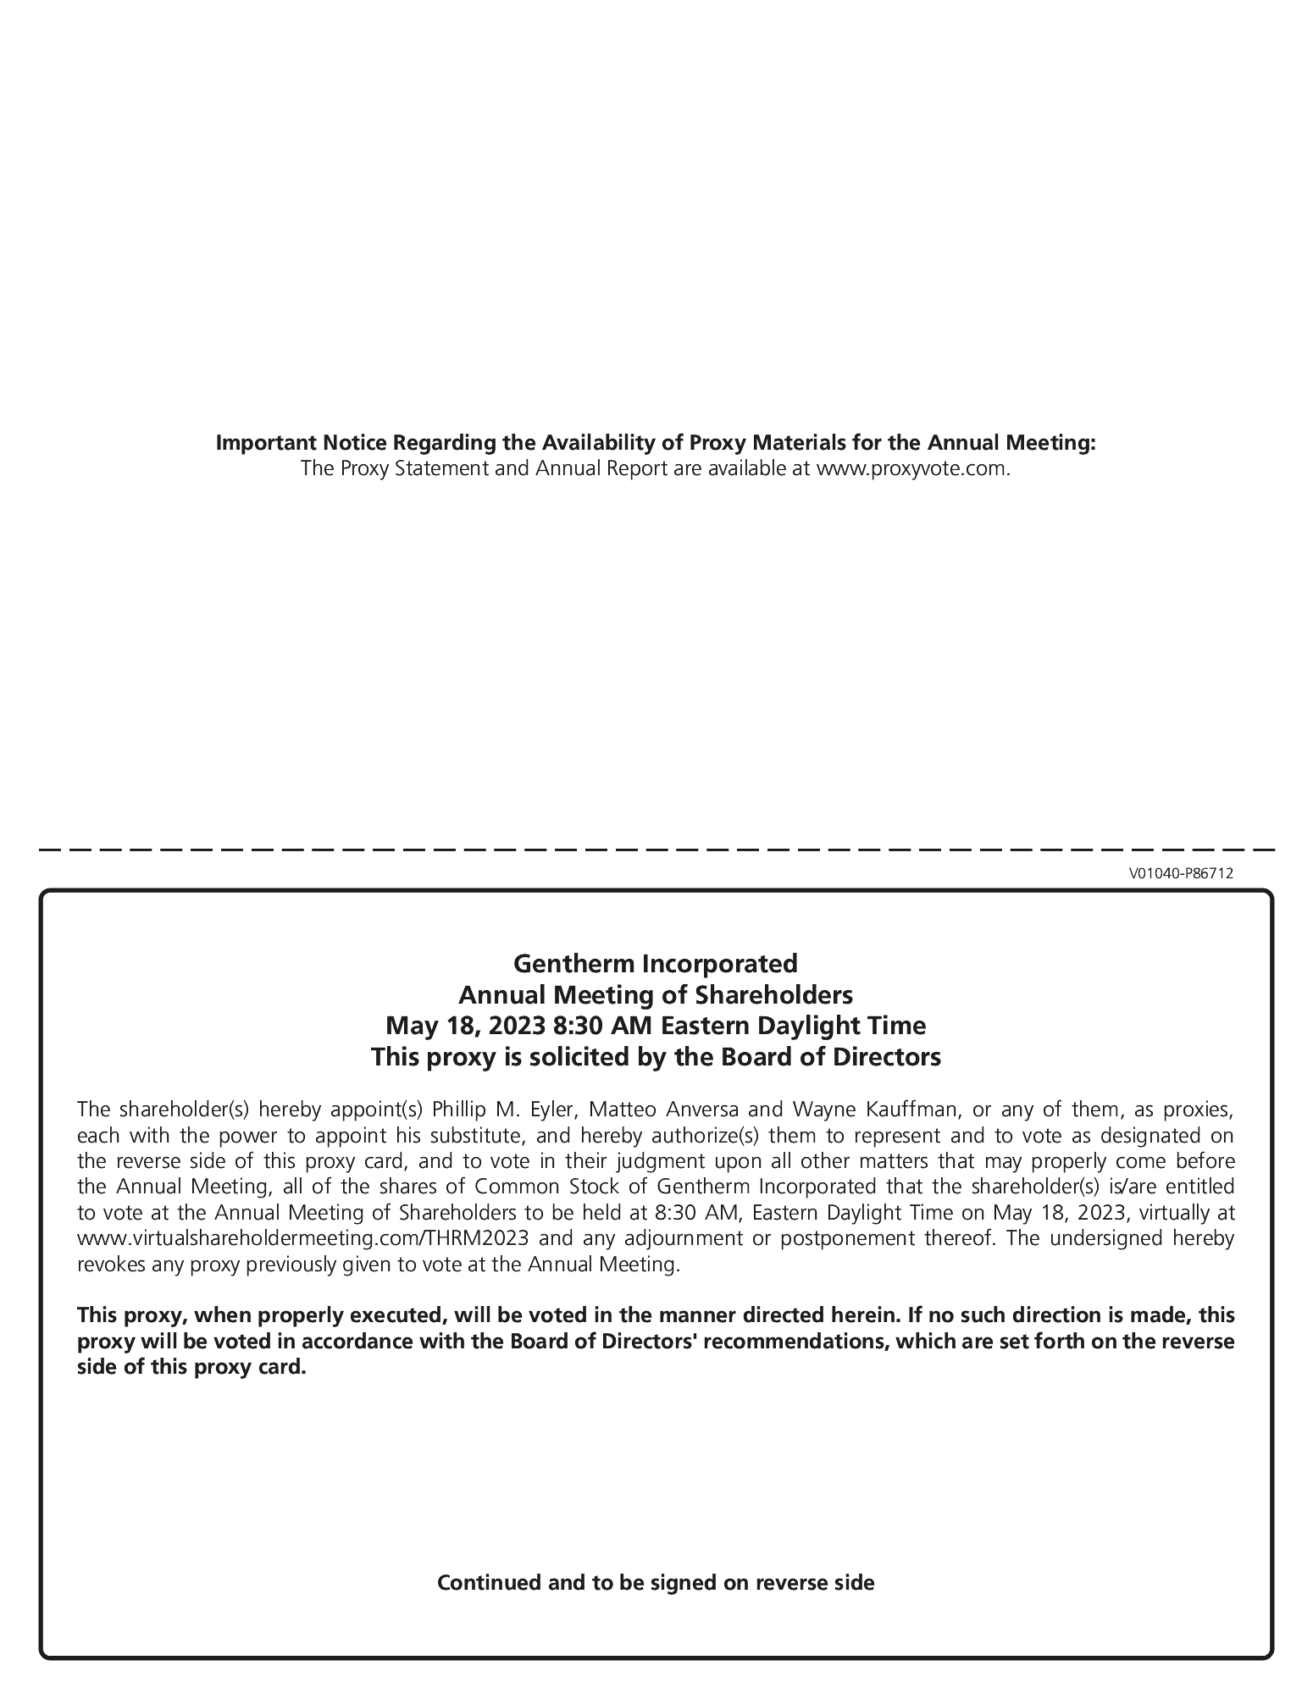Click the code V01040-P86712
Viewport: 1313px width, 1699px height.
pyautogui.click(x=1180, y=873)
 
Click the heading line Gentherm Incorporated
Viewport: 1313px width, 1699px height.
pyautogui.click(x=656, y=963)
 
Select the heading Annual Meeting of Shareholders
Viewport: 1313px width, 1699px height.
pyautogui.click(x=656, y=994)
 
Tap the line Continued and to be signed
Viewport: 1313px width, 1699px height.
pyautogui.click(x=656, y=1582)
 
